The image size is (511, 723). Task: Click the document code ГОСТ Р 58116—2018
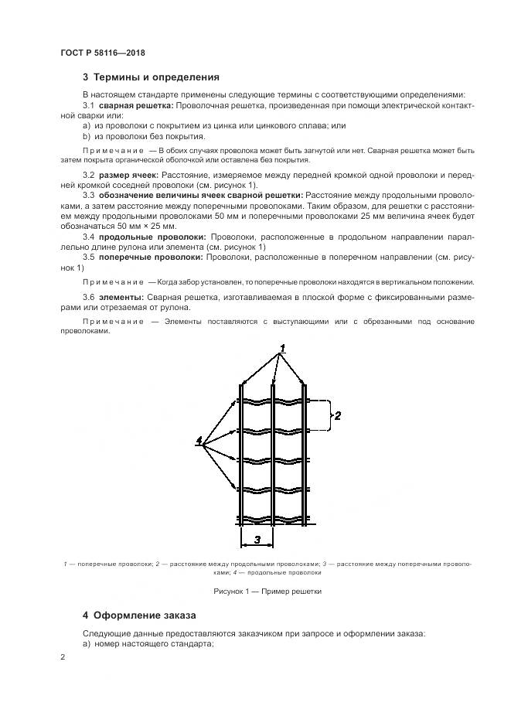[102, 53]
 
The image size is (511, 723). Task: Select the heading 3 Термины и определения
[151, 77]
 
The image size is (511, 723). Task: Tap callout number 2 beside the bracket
[337, 416]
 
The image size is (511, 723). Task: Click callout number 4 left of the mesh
[200, 441]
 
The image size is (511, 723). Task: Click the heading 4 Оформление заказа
[139, 616]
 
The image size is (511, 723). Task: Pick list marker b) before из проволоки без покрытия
[87, 135]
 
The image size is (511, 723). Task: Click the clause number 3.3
[88, 196]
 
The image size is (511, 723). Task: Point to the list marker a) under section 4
[87, 643]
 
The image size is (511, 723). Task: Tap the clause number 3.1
[88, 104]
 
